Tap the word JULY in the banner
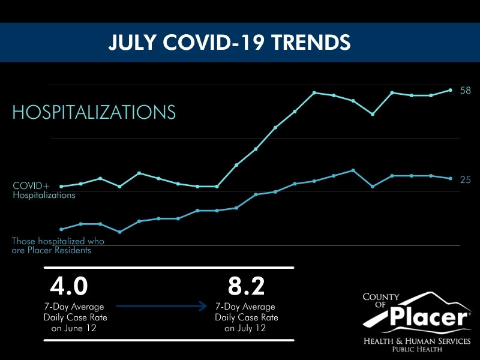tap(131, 42)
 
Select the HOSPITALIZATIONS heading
tap(94, 112)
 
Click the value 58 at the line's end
tap(466, 91)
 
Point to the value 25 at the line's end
tap(466, 179)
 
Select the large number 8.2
tap(247, 286)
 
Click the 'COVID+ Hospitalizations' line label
tap(44, 190)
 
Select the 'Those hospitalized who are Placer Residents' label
tap(58, 245)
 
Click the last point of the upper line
tap(451, 90)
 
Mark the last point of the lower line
tap(451, 178)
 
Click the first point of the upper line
tap(61, 186)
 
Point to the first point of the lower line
tap(61, 229)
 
